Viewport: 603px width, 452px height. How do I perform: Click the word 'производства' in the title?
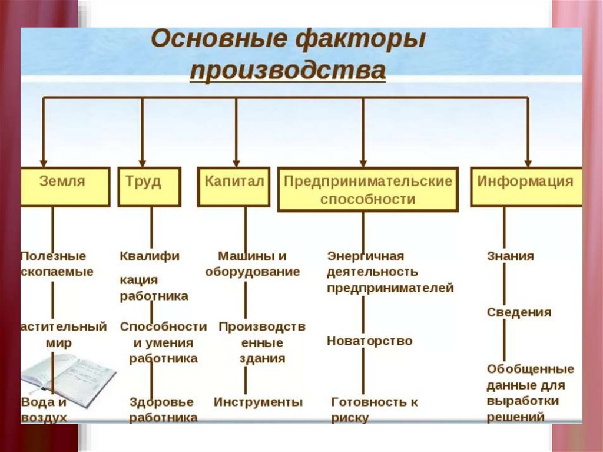coord(287,71)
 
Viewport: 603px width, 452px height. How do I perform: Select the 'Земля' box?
coord(65,186)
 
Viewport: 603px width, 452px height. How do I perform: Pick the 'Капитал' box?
coord(234,186)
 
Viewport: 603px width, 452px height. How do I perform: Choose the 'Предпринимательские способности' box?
coord(367,190)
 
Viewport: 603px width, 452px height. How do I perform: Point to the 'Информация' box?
coord(525,186)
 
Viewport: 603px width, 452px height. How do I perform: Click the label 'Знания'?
coord(510,256)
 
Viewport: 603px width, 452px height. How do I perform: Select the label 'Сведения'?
coord(519,312)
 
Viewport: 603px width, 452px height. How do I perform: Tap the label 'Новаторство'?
coord(369,341)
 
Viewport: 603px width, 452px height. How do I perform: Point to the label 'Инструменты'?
coord(258,402)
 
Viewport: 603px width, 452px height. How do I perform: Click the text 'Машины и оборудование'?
coord(252,264)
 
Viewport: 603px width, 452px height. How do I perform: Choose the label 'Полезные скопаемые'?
coord(57,264)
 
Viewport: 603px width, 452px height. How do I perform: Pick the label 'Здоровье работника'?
coord(163,410)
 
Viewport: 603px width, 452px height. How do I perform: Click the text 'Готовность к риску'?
coord(374,410)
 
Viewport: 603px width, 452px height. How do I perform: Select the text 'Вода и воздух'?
coord(44,410)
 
